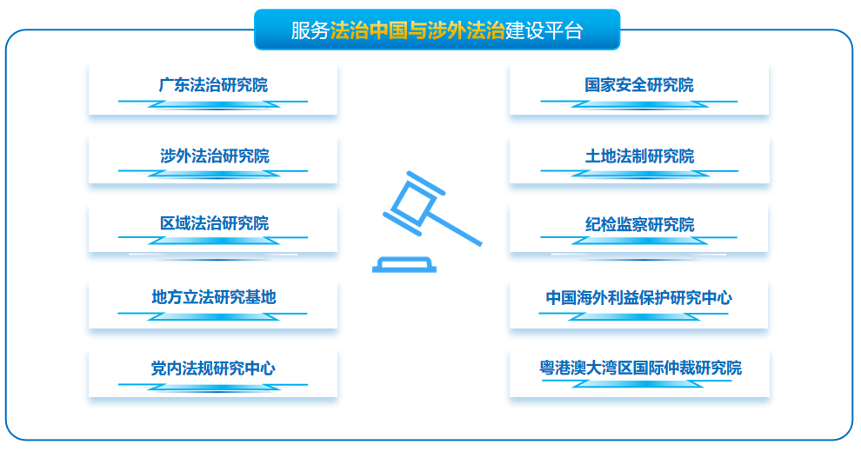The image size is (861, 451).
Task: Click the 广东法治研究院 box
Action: point(212,88)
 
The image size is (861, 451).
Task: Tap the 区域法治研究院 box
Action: point(212,226)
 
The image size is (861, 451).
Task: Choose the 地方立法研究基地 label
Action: point(213,297)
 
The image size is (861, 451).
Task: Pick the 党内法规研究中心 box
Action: point(212,369)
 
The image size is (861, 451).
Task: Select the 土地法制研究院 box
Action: point(638,158)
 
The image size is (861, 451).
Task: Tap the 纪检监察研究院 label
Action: point(639,225)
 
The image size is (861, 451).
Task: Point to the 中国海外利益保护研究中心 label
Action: point(639,297)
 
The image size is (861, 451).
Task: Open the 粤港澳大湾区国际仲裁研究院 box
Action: point(639,369)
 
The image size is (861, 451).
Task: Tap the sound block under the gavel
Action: point(404,264)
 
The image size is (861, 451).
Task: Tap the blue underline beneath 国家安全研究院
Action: point(639,103)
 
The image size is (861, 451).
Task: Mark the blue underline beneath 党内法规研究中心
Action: point(212,387)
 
